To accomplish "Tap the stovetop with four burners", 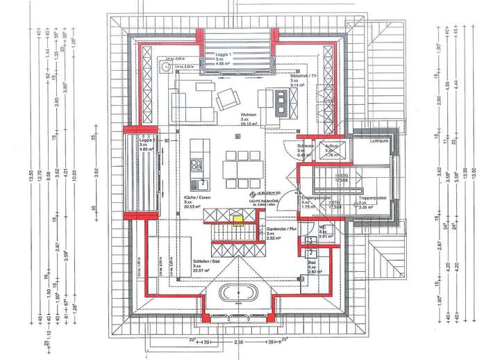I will (x=196, y=165).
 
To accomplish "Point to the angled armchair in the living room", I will (x=228, y=100).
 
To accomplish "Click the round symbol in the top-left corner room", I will (x=165, y=68).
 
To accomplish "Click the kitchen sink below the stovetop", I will (x=202, y=183).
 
